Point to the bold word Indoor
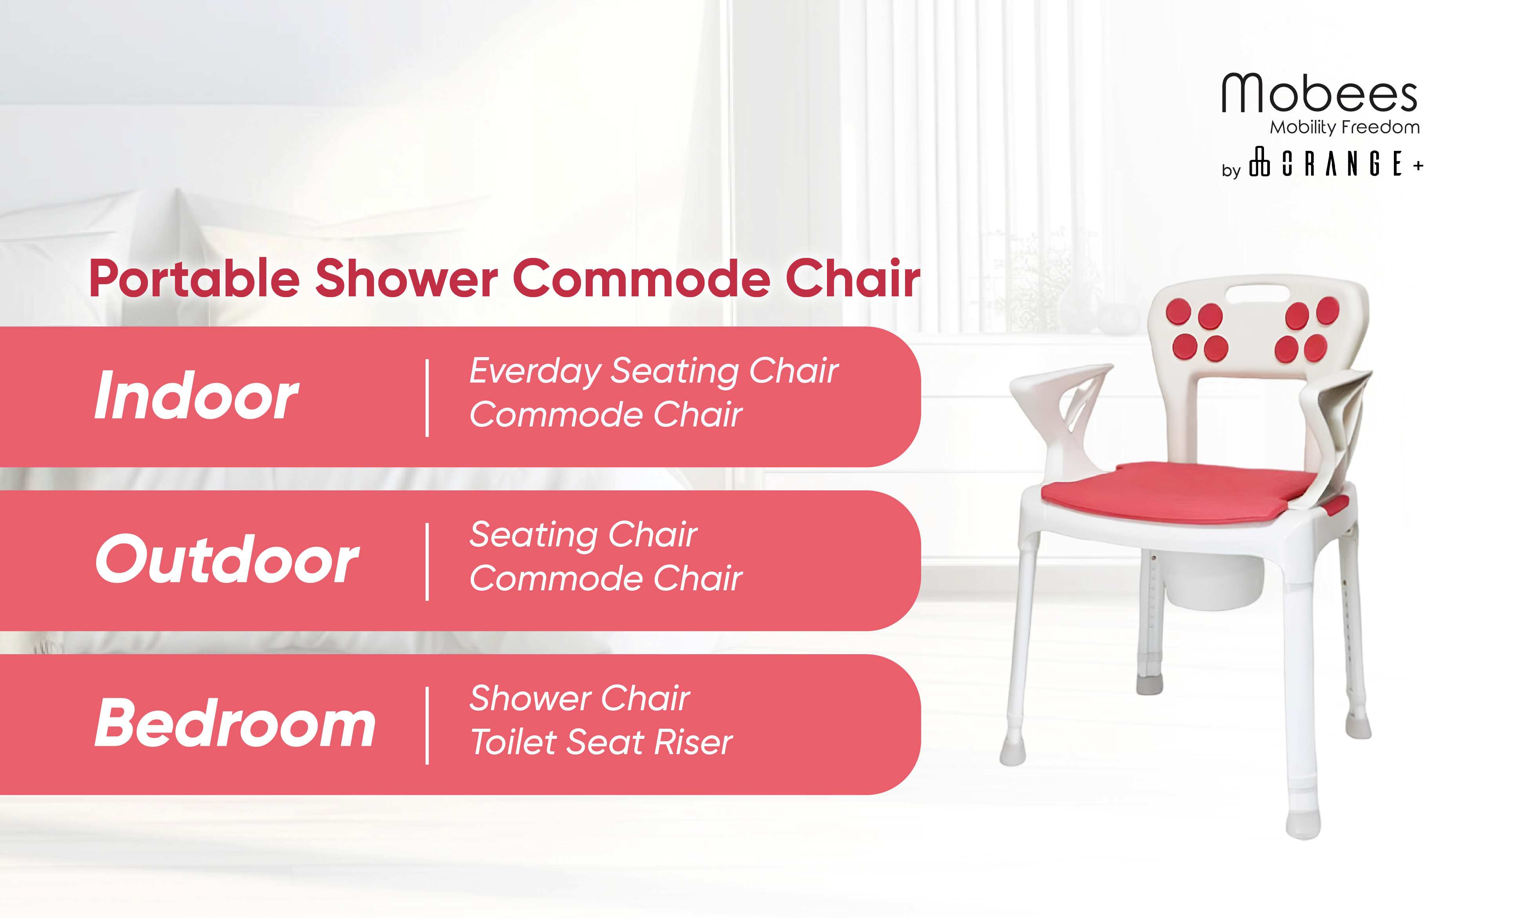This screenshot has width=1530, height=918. coord(196,396)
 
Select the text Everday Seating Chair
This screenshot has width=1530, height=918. coord(654,372)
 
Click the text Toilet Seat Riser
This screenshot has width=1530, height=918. coord(601,742)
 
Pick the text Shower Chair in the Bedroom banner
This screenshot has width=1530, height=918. coord(579,698)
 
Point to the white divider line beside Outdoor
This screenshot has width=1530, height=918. coord(427,562)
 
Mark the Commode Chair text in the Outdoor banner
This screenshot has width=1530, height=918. coord(605,579)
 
